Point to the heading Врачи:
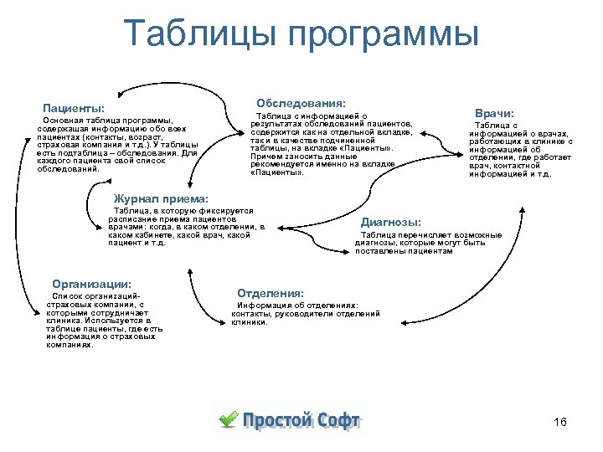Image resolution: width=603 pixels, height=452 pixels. click(494, 112)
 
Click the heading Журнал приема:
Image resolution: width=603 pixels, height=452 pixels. click(160, 199)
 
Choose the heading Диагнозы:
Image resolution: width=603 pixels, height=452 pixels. click(390, 222)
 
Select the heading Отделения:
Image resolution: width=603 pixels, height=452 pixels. click(270, 293)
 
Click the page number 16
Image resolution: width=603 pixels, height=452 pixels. click(560, 422)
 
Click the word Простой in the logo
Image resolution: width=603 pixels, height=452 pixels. click(277, 420)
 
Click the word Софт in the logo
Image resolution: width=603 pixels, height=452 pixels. click(338, 420)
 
